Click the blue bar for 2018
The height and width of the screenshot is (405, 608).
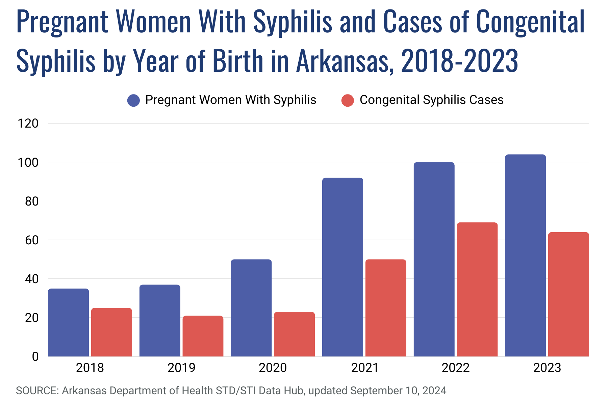click(x=68, y=322)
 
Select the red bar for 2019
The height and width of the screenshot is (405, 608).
click(x=203, y=336)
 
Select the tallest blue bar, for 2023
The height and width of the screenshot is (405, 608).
click(x=525, y=255)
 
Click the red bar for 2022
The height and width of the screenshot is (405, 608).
click(x=477, y=289)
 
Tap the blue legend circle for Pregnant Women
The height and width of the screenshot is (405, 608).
click(x=133, y=100)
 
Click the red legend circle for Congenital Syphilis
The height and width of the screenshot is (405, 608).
click(x=348, y=100)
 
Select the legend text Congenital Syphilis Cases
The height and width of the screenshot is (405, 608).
click(x=431, y=100)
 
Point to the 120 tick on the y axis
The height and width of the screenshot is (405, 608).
click(x=28, y=124)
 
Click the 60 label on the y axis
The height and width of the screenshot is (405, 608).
click(x=32, y=240)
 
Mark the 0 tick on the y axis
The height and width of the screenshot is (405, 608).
click(x=35, y=357)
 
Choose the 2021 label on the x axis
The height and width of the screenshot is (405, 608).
click(x=364, y=368)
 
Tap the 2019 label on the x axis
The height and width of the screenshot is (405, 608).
click(x=181, y=368)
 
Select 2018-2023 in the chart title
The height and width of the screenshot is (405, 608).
click(x=460, y=61)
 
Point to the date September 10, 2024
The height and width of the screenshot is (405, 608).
click(x=398, y=390)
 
